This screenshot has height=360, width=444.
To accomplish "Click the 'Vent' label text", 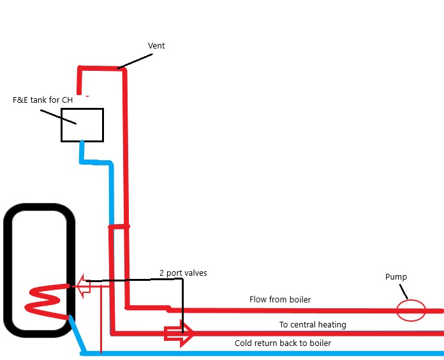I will (x=157, y=46).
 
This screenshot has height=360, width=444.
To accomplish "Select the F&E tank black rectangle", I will (x=82, y=125).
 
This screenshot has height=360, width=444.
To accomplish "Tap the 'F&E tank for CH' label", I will (x=42, y=100).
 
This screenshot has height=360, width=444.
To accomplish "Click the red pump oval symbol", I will (x=411, y=311).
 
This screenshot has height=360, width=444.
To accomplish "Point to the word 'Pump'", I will (x=396, y=277).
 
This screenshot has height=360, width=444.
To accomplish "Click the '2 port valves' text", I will (x=183, y=273).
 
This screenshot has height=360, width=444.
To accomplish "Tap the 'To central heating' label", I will (x=313, y=325).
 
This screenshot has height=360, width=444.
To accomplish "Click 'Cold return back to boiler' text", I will (x=283, y=343).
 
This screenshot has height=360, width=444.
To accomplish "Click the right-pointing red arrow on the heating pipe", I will (x=179, y=333).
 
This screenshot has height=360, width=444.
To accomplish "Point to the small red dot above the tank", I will (x=86, y=96).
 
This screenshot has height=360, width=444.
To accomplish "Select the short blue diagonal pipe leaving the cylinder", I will (x=75, y=334).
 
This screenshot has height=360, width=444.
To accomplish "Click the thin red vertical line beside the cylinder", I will (x=101, y=319).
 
